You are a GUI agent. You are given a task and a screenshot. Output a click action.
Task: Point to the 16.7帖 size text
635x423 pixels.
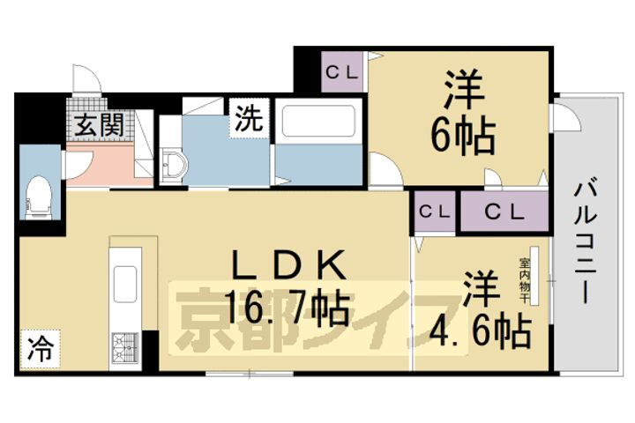282,308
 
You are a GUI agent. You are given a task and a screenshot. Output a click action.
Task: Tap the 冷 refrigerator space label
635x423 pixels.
37,345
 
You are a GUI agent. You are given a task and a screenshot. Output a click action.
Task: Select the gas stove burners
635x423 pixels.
123,347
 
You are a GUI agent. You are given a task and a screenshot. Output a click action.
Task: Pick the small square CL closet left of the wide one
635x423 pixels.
433,212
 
